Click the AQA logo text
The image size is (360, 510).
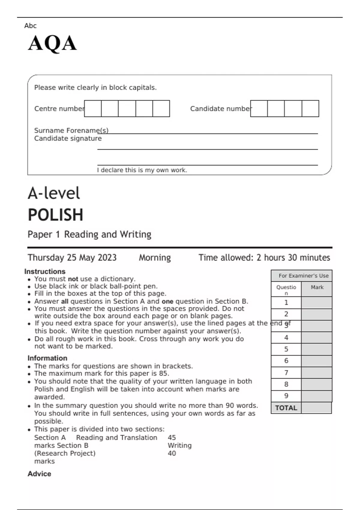[x=52, y=43]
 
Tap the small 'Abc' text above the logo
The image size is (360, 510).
[x=30, y=26]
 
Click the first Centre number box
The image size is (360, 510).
[x=93, y=109]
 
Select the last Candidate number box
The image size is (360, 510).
[x=310, y=109]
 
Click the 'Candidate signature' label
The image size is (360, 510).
[x=68, y=139]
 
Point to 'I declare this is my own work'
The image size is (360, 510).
[x=142, y=170]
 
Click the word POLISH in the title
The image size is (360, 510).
[x=55, y=215]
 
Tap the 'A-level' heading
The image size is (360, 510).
[x=54, y=193]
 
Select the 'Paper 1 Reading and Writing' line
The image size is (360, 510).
[x=89, y=234]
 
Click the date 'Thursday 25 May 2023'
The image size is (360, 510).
[x=72, y=258]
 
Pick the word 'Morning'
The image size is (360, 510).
[x=155, y=258]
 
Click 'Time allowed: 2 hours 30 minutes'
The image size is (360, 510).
[x=264, y=258]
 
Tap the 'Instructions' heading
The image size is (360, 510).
[x=45, y=271]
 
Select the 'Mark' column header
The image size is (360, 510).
[x=317, y=287]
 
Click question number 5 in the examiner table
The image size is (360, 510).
[x=286, y=349]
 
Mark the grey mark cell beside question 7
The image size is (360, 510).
[x=316, y=373]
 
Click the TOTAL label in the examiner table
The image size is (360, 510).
[x=286, y=408]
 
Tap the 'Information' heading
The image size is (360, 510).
[x=47, y=358]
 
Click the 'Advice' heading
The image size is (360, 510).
[x=39, y=474]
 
